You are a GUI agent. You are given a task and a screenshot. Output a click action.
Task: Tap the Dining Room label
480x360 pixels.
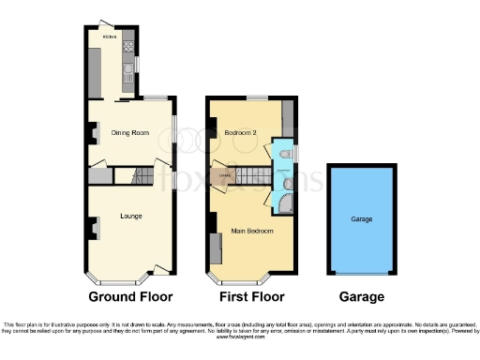click(x=130, y=133)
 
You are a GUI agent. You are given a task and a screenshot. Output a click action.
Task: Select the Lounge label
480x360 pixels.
click(x=131, y=217)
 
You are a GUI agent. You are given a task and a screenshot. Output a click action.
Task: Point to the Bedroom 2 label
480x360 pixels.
click(x=241, y=133)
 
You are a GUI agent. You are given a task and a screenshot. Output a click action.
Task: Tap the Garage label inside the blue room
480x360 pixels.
click(x=362, y=218)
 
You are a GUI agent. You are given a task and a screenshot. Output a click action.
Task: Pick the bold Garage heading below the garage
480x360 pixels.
click(x=362, y=297)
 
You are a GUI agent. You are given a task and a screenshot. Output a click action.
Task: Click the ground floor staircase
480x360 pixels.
click(x=142, y=174)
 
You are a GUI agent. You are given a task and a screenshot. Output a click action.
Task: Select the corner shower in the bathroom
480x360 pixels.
click(x=286, y=204)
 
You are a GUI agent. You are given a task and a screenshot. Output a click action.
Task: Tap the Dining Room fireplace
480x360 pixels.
click(x=92, y=134)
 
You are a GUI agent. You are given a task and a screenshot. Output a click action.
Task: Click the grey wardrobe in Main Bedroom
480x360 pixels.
click(x=217, y=248)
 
